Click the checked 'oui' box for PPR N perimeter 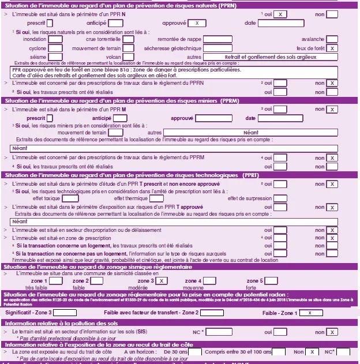click(x=280, y=13)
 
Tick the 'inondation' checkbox click(x=55, y=40)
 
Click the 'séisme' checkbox click(x=55, y=57)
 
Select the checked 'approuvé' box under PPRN click(x=197, y=22)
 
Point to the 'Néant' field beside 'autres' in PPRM click(x=250, y=133)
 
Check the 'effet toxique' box click(x=70, y=198)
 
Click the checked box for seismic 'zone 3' click(x=162, y=281)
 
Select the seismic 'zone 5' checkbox click(x=271, y=281)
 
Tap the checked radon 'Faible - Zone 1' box click(x=311, y=313)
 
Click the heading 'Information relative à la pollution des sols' click(x=62, y=323)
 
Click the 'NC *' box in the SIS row click(x=219, y=332)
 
